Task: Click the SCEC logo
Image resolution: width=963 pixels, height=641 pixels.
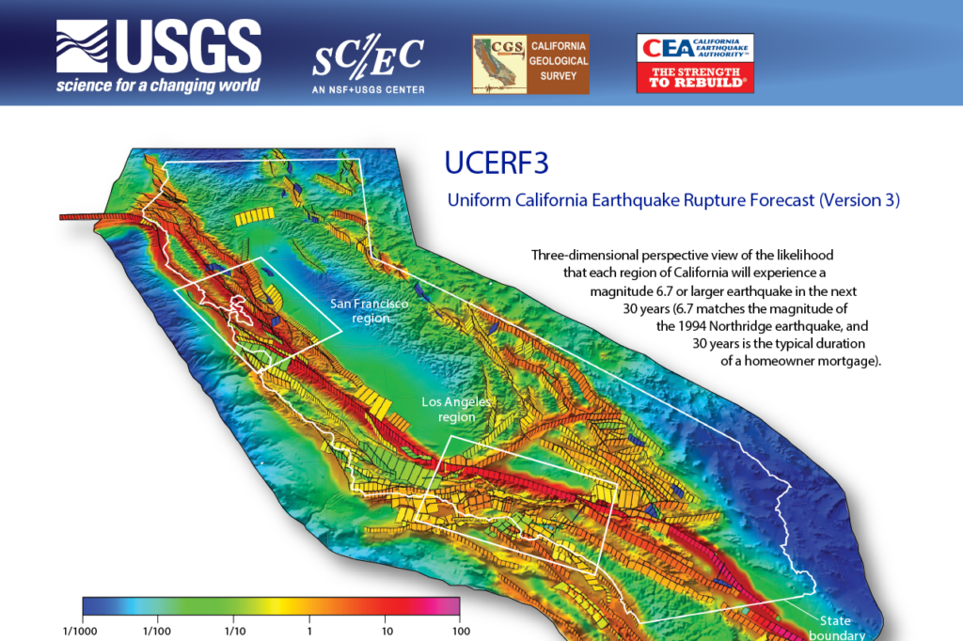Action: coord(368,59)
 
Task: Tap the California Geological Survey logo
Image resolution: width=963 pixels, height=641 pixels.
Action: coord(530,64)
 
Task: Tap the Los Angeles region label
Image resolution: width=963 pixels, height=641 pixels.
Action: coord(456,409)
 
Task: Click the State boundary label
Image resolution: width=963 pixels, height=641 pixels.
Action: coord(835,628)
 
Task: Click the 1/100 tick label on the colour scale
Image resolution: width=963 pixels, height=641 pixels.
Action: coord(156,631)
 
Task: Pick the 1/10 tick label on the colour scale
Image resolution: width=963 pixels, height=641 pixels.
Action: coord(234,631)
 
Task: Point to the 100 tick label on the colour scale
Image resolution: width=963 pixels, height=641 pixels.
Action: coord(461,631)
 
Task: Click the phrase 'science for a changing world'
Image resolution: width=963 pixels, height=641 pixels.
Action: coord(157,86)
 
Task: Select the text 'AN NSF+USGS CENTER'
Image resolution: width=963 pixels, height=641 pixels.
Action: coord(368,90)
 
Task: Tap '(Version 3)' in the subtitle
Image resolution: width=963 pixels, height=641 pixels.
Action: coord(860,200)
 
